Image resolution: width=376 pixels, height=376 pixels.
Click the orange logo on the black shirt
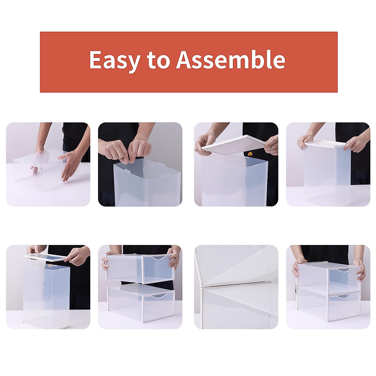pyautogui.click(x=250, y=154)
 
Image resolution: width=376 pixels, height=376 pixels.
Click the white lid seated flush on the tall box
pyautogui.click(x=326, y=144)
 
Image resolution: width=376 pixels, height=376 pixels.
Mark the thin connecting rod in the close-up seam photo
pyautogui.click(x=235, y=284)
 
